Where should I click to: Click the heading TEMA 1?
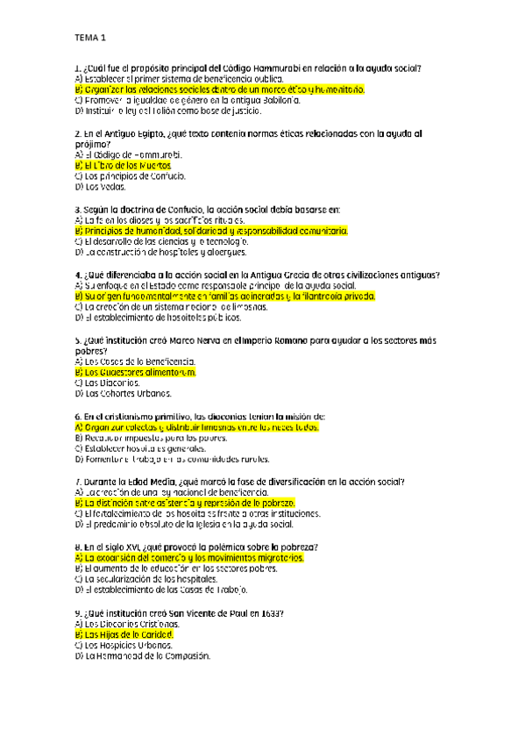coord(90,38)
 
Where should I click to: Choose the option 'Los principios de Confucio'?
coord(131,175)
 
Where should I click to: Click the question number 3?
coord(79,210)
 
